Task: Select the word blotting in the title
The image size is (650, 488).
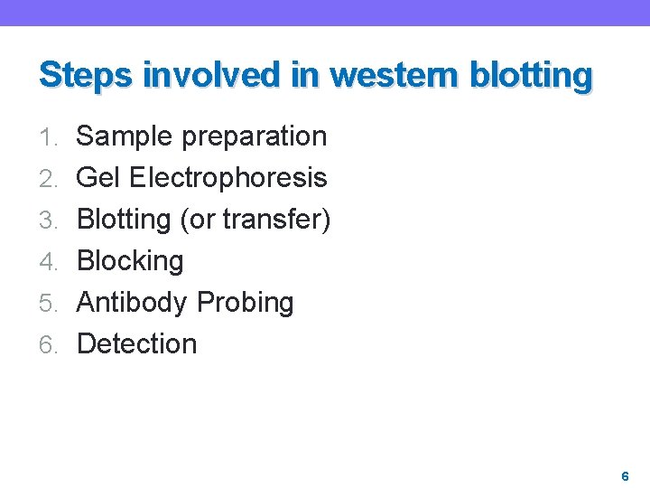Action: coord(540,74)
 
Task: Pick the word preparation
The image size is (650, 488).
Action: coord(255,136)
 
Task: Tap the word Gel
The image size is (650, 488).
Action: coord(99,178)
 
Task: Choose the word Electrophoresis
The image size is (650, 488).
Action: coord(228,178)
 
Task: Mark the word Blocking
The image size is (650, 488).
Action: coord(130,261)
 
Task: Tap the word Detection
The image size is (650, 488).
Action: coord(136,344)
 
